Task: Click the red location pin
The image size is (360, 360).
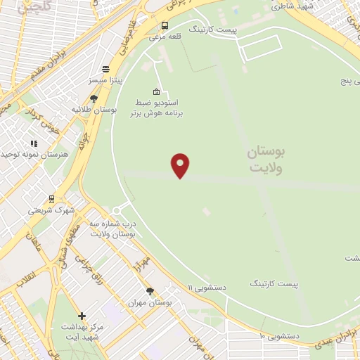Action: [181, 165]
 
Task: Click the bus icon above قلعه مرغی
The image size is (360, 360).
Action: [165, 25]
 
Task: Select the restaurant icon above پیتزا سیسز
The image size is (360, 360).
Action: [105, 69]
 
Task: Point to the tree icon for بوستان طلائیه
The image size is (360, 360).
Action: [94, 98]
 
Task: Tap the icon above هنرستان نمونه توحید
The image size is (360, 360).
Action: [34, 143]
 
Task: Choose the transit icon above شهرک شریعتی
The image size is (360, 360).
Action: [51, 199]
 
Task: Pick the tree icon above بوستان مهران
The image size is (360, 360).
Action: [150, 290]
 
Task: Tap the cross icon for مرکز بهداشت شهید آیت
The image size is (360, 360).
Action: [82, 316]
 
